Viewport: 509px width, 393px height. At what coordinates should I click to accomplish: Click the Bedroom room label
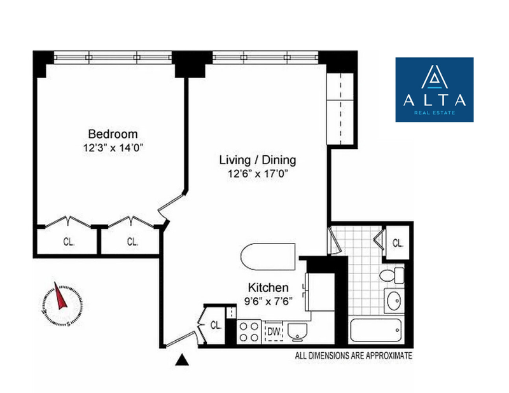pyautogui.click(x=113, y=134)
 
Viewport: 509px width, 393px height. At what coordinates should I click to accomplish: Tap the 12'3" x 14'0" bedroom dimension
pyautogui.click(x=113, y=148)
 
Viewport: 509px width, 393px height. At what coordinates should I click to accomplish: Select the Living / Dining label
pyautogui.click(x=258, y=160)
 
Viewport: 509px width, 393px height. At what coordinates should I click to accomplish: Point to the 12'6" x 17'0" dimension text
pyautogui.click(x=258, y=174)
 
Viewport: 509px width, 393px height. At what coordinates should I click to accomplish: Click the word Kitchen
pyautogui.click(x=268, y=287)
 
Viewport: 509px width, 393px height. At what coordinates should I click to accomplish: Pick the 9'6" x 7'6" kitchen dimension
pyautogui.click(x=268, y=301)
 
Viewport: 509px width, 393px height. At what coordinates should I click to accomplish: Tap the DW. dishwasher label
pyautogui.click(x=274, y=332)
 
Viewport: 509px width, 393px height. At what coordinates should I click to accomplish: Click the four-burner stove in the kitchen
pyautogui.click(x=249, y=332)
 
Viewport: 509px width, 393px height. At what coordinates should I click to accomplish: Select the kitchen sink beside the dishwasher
pyautogui.click(x=297, y=332)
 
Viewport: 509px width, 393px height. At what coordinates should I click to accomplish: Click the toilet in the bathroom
pyautogui.click(x=391, y=275)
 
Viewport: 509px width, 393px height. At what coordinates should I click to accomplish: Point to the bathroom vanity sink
pyautogui.click(x=394, y=301)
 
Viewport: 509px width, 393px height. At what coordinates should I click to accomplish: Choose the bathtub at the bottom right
pyautogui.click(x=376, y=330)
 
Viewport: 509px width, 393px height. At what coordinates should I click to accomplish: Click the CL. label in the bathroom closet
pyautogui.click(x=398, y=243)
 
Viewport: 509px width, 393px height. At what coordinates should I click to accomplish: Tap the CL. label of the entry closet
pyautogui.click(x=216, y=325)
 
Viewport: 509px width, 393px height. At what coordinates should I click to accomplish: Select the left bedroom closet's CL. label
pyautogui.click(x=69, y=242)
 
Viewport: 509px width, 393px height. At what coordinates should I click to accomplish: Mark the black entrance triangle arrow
pyautogui.click(x=182, y=360)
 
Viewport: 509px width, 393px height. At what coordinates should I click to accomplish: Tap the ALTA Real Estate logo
pyautogui.click(x=435, y=90)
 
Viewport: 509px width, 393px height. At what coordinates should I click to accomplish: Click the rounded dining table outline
pyautogui.click(x=268, y=256)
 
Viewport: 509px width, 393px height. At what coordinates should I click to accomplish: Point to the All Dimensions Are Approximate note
pyautogui.click(x=354, y=355)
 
